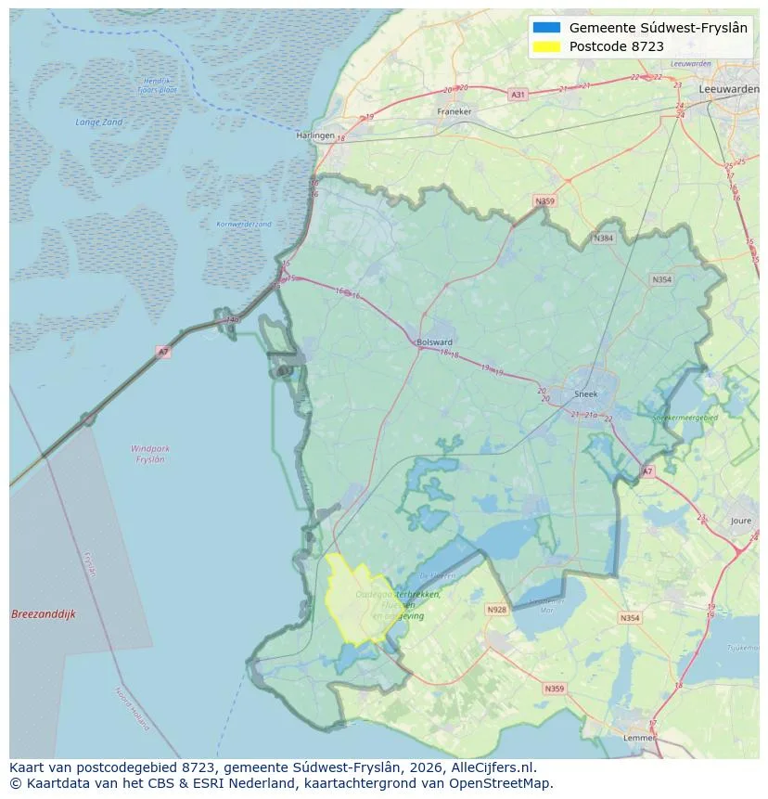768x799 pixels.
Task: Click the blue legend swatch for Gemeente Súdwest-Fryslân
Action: (547, 28)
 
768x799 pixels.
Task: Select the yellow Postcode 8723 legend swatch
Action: (547, 46)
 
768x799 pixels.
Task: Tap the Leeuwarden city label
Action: (729, 88)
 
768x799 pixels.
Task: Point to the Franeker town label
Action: (454, 112)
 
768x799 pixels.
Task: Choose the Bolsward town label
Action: (435, 342)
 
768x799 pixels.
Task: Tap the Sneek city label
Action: (586, 393)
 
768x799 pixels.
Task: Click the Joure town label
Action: (741, 521)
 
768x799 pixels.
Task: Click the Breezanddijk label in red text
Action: (44, 614)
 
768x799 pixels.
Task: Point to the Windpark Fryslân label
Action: (149, 454)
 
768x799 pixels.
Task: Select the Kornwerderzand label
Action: (244, 225)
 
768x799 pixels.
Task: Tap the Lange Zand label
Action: (99, 122)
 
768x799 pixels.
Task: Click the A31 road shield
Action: (518, 95)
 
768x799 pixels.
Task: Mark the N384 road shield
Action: (604, 238)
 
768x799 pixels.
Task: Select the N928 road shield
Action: (497, 610)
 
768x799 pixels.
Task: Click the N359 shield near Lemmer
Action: (554, 689)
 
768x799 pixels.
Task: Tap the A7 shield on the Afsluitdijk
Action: (163, 352)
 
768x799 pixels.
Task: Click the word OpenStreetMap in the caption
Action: (506, 783)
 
